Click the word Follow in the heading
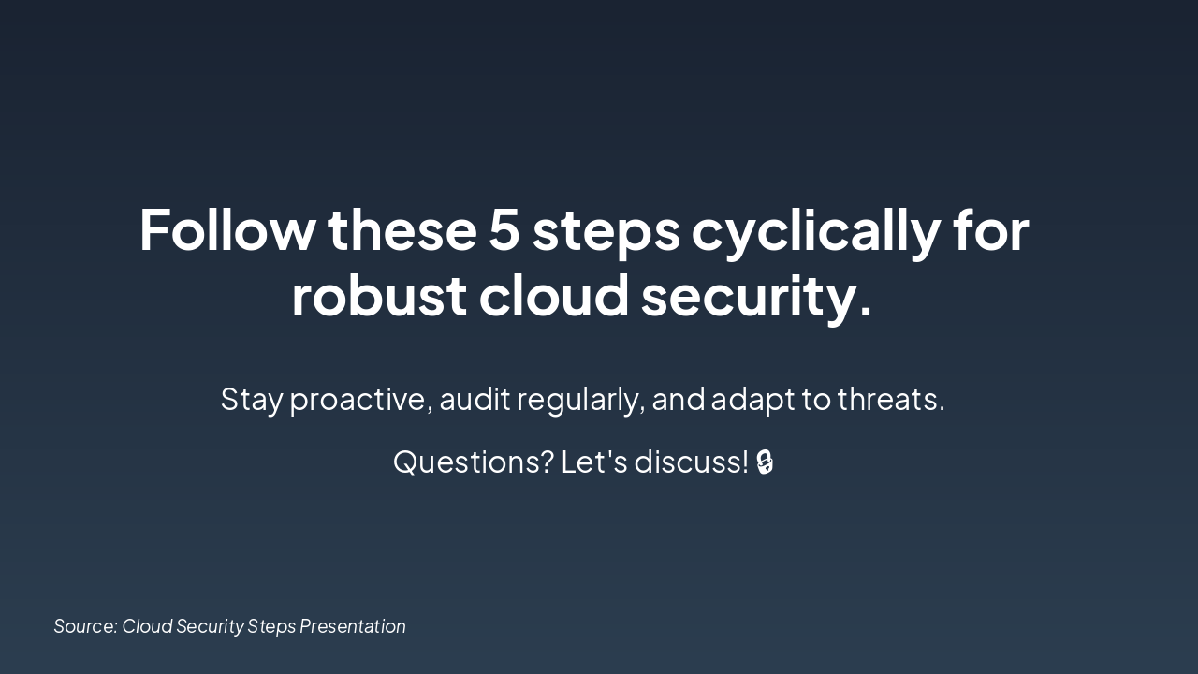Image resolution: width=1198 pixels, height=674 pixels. point(227,230)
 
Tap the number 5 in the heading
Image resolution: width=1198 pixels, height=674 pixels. point(504,230)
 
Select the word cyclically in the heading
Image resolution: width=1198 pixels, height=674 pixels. point(815,230)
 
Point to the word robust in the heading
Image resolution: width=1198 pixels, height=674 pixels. point(378,296)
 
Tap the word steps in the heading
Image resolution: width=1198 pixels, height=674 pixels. point(606,230)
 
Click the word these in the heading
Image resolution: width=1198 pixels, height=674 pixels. point(402,230)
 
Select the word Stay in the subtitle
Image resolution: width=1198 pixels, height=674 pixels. point(252,400)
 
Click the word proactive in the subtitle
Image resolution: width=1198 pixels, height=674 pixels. point(360,400)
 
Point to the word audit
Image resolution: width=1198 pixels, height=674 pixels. point(475,400)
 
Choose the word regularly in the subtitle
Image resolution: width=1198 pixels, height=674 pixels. point(580,400)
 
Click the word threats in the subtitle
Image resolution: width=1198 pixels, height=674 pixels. point(890,400)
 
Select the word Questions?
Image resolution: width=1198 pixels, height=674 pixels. point(473,462)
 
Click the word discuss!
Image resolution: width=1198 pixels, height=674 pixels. point(691,462)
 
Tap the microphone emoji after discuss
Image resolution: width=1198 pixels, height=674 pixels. point(765,462)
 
